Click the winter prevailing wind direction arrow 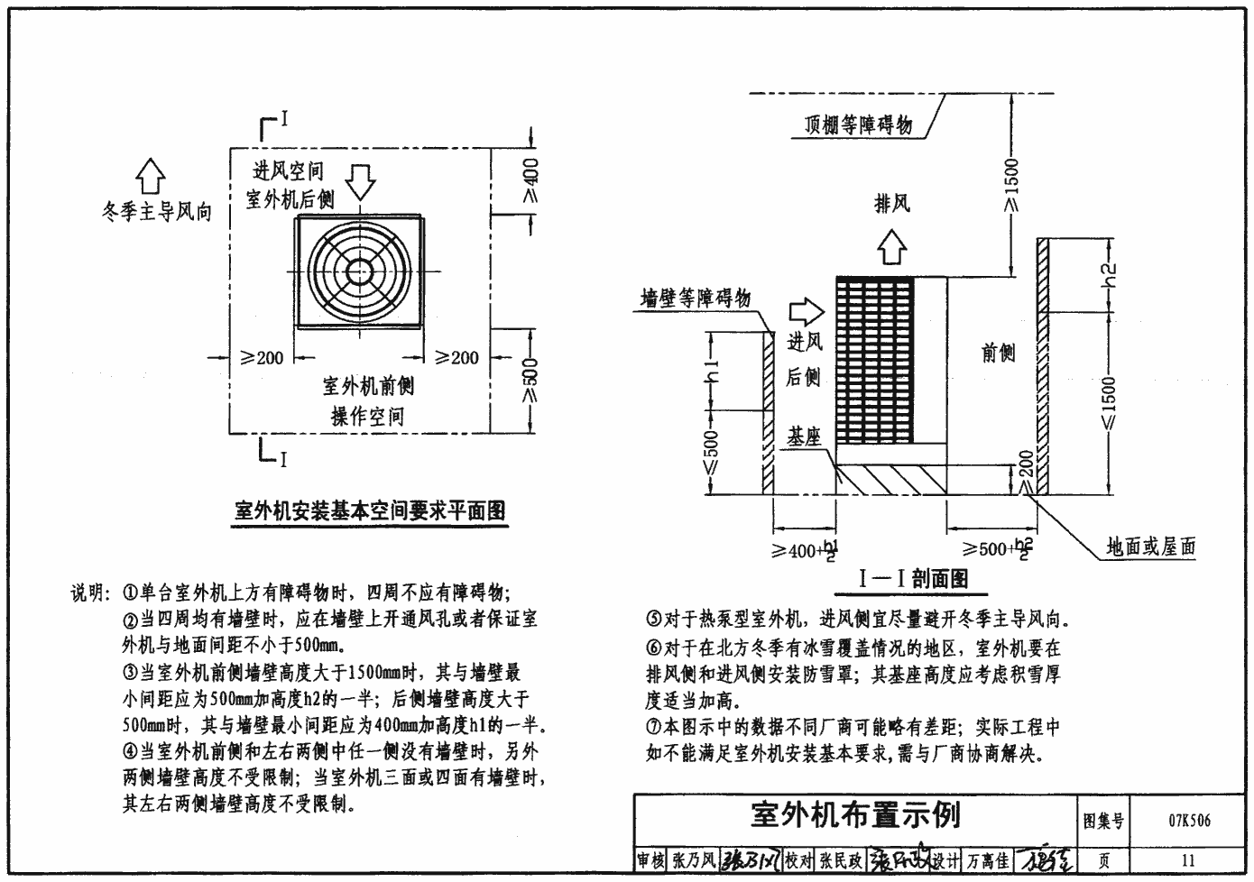point(151,175)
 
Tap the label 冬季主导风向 point(157,213)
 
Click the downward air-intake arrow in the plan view point(362,180)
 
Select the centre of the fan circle point(360,270)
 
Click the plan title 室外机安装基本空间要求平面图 point(370,511)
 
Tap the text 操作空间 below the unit point(367,417)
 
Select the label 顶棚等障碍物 point(858,125)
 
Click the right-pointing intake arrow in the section point(806,312)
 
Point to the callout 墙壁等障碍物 point(696,297)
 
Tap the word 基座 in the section point(804,436)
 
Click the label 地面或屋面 point(1150,547)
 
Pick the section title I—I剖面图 point(913,579)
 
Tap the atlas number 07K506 point(1189,821)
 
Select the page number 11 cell point(1188,860)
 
